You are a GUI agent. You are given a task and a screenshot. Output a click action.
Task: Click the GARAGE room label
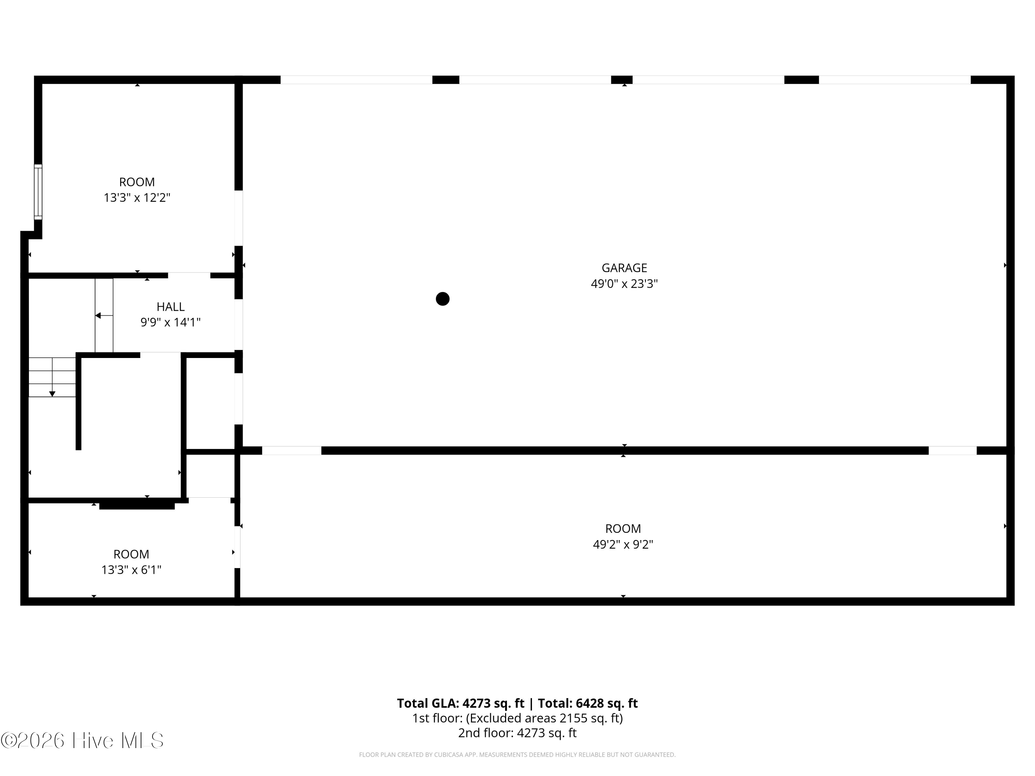point(624,268)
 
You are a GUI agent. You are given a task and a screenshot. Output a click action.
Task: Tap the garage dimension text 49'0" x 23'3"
point(624,284)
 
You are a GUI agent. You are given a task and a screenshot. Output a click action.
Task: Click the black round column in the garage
point(443,299)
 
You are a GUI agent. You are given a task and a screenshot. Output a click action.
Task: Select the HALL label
point(170,307)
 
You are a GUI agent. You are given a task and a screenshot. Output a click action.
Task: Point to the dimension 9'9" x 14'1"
point(170,322)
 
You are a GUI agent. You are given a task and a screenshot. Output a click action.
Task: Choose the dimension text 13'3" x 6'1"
point(131,570)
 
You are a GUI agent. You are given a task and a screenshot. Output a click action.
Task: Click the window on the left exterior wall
point(38,192)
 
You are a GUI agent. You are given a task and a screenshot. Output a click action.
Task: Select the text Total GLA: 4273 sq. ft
point(461,704)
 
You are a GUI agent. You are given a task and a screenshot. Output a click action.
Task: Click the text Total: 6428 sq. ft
point(588,704)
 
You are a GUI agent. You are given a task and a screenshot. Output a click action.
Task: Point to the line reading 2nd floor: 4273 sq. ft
point(517,733)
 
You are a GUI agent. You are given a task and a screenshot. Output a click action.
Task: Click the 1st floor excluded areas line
point(517,718)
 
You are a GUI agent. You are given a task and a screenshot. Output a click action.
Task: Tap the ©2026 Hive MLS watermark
point(82,740)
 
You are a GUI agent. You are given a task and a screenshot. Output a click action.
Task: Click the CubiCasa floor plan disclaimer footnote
point(517,755)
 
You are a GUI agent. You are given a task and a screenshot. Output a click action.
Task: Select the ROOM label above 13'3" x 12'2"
point(137,182)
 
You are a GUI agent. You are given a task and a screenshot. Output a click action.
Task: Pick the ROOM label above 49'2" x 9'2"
point(623,529)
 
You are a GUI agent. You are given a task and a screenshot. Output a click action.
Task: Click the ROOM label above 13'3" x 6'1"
point(131,554)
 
